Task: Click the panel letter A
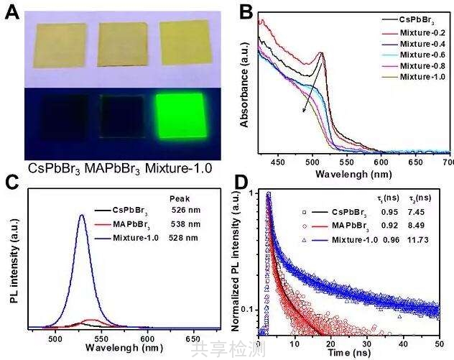pyautogui.click(x=11, y=11)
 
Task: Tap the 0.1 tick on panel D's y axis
pyautogui.click(x=249, y=309)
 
